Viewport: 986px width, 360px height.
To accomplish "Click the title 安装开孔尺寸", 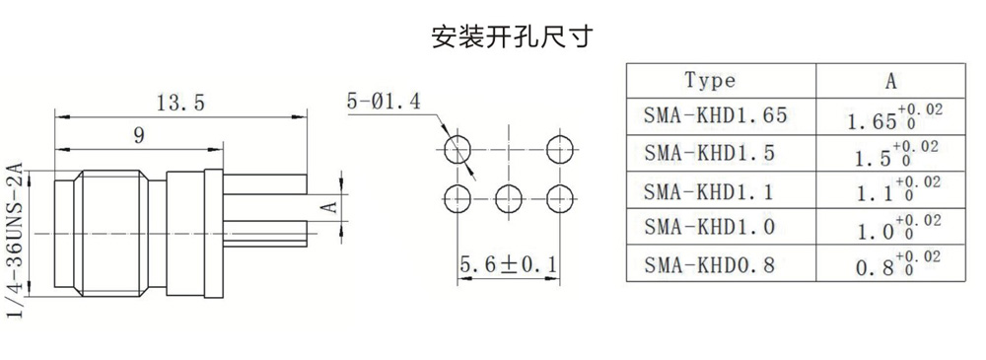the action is pyautogui.click(x=511, y=36).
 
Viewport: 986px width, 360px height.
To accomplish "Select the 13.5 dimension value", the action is pyautogui.click(x=181, y=103).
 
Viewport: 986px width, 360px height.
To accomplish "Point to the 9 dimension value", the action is pyautogui.click(x=140, y=135).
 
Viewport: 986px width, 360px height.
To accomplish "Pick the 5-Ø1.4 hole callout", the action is pyautogui.click(x=384, y=102).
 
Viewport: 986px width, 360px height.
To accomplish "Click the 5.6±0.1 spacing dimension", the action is pyautogui.click(x=508, y=265).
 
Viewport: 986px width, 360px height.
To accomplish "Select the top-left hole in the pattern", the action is pyautogui.click(x=458, y=149).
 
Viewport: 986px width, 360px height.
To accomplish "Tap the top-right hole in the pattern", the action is pyautogui.click(x=559, y=149).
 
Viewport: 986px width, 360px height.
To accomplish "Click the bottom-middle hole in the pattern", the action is pyautogui.click(x=508, y=199).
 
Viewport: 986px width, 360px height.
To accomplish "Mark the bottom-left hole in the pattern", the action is pyautogui.click(x=458, y=199).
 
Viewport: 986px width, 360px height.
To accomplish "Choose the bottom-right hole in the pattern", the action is pyautogui.click(x=559, y=199).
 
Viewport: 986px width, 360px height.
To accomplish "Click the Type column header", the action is pyautogui.click(x=710, y=81).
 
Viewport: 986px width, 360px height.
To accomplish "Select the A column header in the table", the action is pyautogui.click(x=890, y=81).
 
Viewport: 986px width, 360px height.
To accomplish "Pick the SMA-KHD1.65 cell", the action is pyautogui.click(x=715, y=115).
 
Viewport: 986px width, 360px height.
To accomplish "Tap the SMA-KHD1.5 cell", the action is pyautogui.click(x=708, y=153).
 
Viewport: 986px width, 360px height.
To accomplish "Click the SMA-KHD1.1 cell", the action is pyautogui.click(x=708, y=190).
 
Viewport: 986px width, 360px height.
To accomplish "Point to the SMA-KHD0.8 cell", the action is pyautogui.click(x=708, y=265).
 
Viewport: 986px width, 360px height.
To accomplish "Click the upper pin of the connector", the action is pyautogui.click(x=264, y=183).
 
